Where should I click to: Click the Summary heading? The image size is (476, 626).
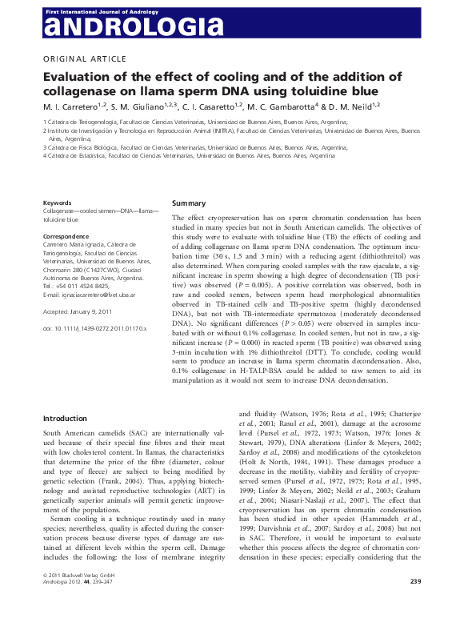pyautogui.click(x=189, y=203)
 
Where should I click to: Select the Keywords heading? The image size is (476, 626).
pyautogui.click(x=57, y=203)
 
